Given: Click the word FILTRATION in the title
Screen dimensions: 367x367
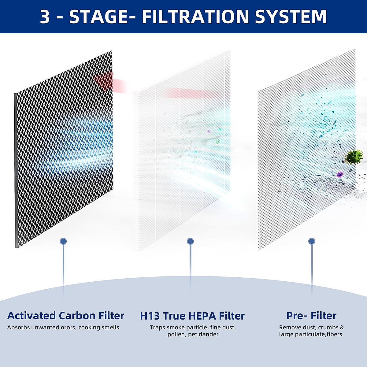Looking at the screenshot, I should click(x=196, y=17).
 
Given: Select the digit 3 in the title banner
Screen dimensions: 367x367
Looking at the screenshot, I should click(x=45, y=17).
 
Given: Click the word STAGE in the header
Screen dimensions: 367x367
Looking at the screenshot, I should click(x=98, y=17).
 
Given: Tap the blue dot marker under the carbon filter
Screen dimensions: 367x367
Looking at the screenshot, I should click(x=63, y=241).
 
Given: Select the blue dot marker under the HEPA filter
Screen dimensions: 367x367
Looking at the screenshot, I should click(x=190, y=241).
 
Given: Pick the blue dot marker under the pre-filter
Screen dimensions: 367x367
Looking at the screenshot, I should click(x=312, y=241).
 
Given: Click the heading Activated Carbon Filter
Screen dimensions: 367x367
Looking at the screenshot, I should click(x=66, y=316).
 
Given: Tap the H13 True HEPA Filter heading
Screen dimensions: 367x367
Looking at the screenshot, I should click(x=192, y=316).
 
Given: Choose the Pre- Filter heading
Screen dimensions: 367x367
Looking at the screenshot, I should click(x=311, y=316).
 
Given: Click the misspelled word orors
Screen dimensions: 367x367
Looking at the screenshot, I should click(x=67, y=328).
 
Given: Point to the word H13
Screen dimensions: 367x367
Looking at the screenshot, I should click(x=150, y=316).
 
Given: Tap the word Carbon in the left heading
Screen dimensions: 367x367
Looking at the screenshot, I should click(x=77, y=316).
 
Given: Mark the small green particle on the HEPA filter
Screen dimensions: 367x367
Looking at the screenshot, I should click(x=217, y=142).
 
